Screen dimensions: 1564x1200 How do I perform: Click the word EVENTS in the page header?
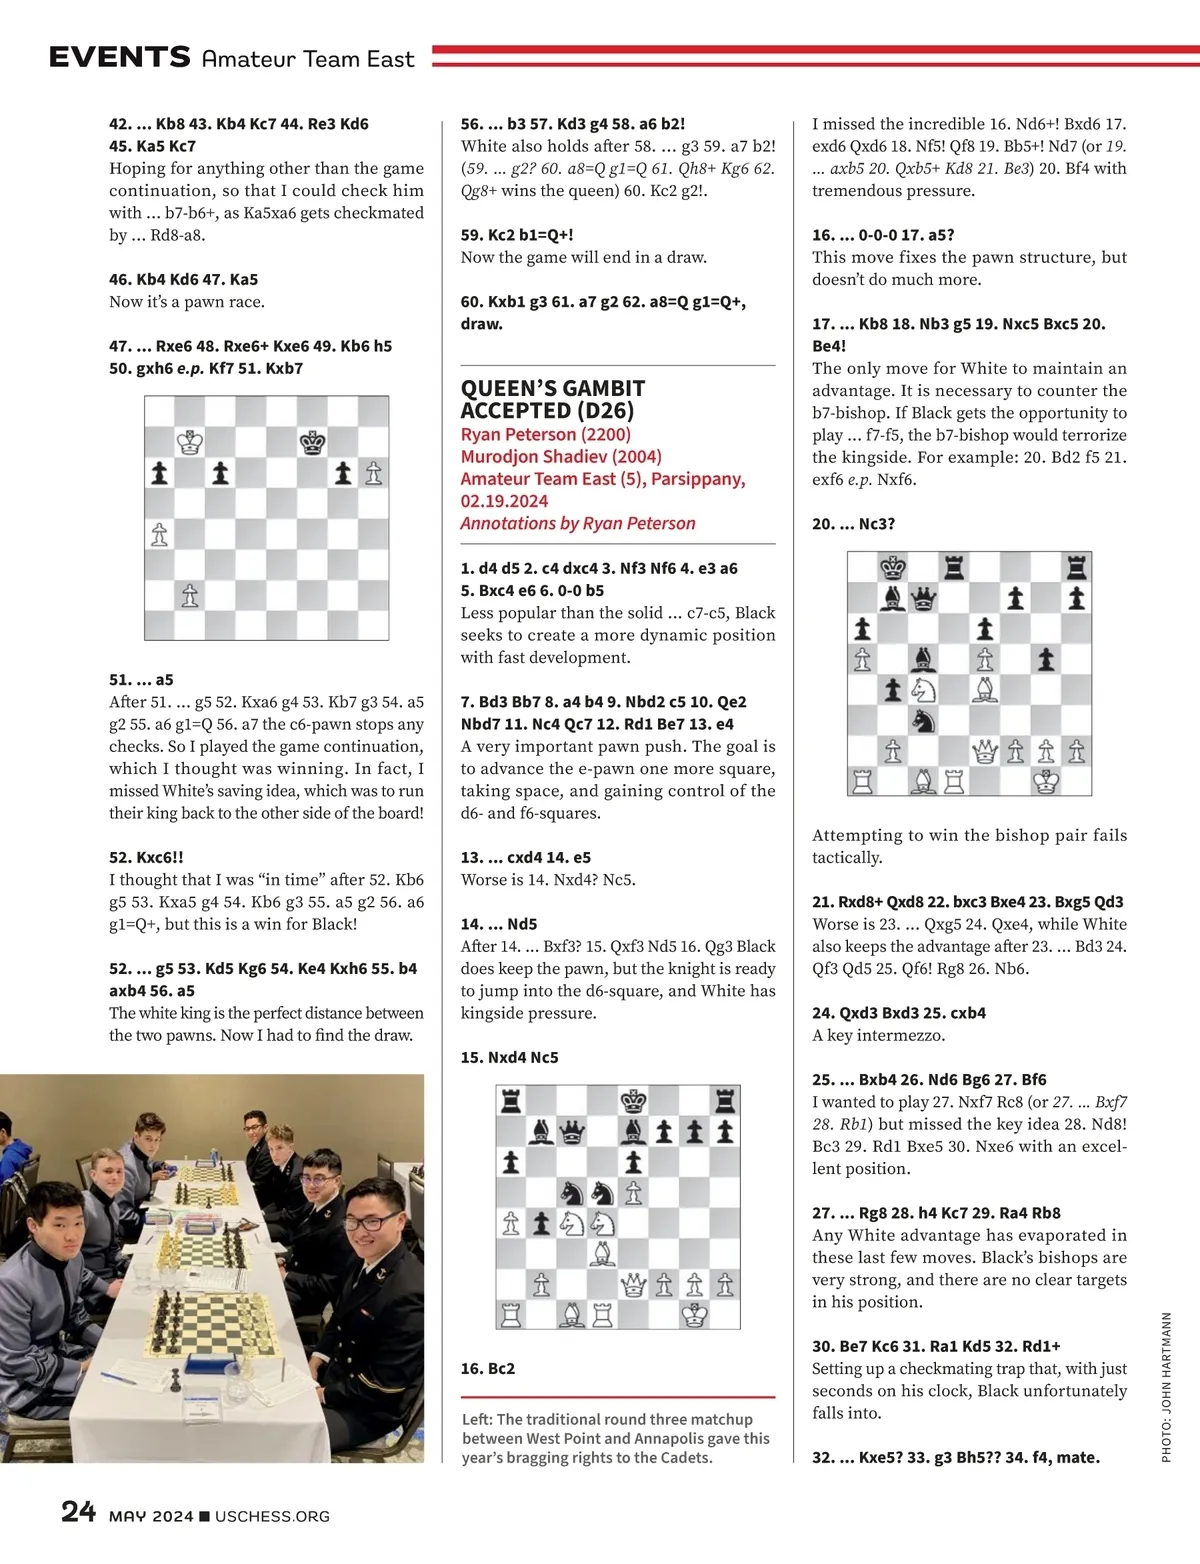[119, 57]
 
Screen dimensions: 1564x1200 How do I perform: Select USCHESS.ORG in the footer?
[272, 1516]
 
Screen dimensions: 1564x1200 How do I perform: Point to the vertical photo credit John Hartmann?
[1166, 1387]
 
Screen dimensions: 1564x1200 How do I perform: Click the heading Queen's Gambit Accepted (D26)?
[552, 399]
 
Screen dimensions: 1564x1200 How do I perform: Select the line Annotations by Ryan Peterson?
[577, 523]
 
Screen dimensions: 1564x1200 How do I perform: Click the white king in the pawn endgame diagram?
[190, 442]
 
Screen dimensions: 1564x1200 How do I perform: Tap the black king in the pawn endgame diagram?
[313, 442]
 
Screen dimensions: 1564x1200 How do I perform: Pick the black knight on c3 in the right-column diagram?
[924, 720]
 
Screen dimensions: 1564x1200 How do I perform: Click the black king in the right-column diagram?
[893, 568]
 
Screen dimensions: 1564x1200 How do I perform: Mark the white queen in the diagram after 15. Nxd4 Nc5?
[633, 1284]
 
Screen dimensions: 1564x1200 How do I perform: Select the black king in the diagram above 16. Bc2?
[633, 1101]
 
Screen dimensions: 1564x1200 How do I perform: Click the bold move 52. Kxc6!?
[146, 857]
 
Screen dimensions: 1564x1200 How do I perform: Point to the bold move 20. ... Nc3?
[853, 523]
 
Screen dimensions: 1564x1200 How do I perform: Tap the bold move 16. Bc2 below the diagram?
[487, 1368]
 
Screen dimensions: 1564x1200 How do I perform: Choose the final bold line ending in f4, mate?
[955, 1457]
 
